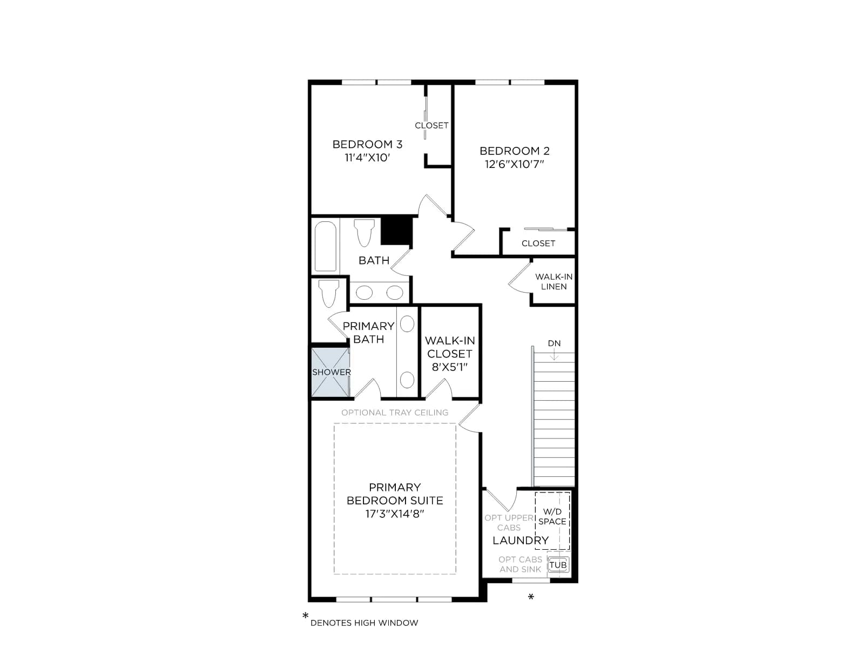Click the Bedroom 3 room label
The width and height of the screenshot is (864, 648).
(367, 144)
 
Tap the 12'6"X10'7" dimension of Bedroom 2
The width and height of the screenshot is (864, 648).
(514, 164)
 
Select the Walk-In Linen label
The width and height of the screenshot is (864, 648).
(553, 281)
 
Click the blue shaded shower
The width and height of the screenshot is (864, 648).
(330, 372)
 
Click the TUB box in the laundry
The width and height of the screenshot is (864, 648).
(558, 565)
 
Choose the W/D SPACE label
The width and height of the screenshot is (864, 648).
(552, 517)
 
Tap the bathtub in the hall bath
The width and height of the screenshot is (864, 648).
(326, 246)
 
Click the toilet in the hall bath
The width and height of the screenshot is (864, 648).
(364, 233)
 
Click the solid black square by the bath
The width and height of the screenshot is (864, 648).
(396, 231)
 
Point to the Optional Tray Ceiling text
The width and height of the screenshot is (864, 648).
(395, 413)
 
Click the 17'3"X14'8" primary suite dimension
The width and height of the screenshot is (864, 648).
(394, 514)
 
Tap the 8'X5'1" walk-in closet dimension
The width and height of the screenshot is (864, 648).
(449, 367)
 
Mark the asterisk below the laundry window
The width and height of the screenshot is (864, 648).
(531, 597)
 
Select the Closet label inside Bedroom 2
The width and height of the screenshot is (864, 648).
(538, 243)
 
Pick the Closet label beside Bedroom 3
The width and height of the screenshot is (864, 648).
(431, 125)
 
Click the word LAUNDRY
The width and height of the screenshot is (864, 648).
(521, 540)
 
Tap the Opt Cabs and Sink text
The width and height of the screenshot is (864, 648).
(520, 564)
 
